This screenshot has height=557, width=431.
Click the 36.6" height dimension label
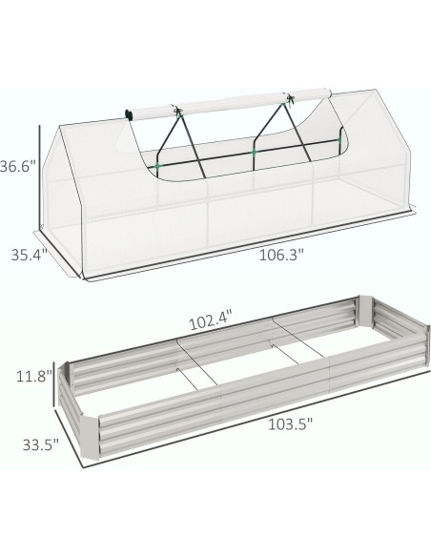click(18, 166)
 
